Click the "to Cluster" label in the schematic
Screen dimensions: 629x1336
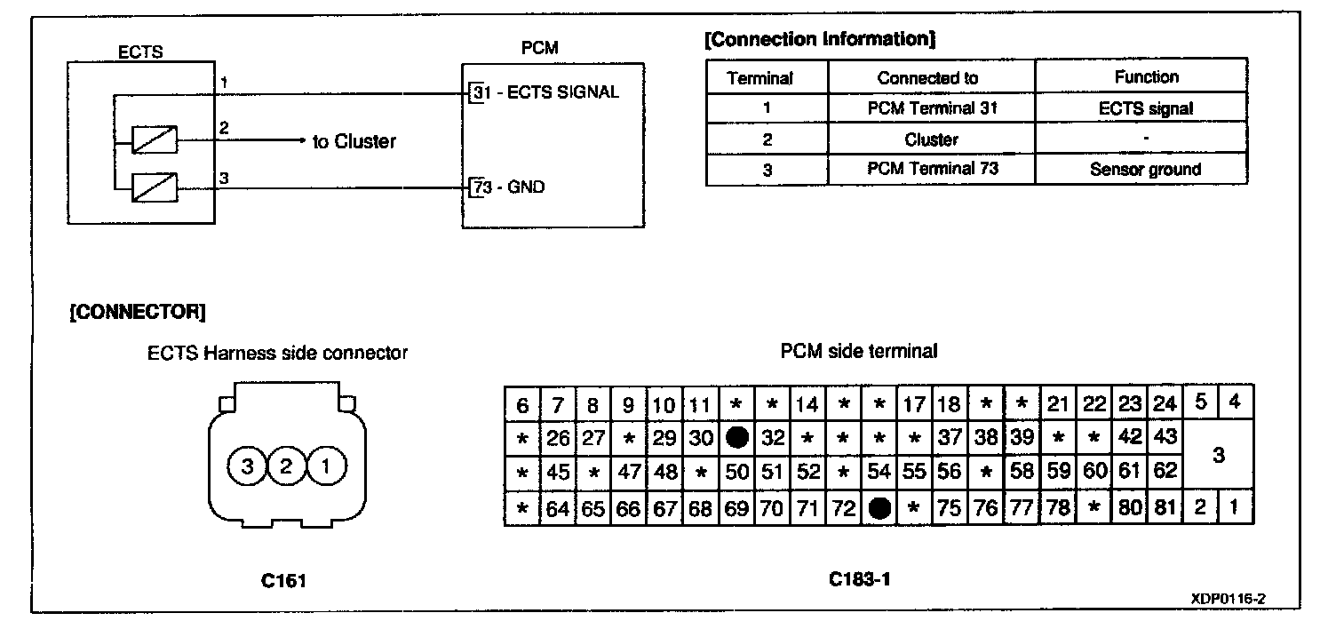click(x=354, y=141)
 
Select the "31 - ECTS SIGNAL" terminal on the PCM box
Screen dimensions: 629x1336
click(x=543, y=92)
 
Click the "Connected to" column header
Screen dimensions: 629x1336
click(x=927, y=77)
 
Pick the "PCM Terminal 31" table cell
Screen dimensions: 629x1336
click(x=930, y=108)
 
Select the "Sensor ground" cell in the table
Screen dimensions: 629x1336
click(x=1146, y=170)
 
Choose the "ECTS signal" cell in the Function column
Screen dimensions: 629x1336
click(x=1146, y=108)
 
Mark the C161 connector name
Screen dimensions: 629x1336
click(x=285, y=581)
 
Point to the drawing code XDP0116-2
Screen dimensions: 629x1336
click(x=1228, y=600)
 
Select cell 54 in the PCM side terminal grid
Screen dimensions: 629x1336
click(x=879, y=473)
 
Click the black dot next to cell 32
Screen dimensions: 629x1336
click(x=736, y=438)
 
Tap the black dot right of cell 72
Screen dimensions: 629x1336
click(x=879, y=507)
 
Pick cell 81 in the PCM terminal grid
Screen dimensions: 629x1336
click(x=1165, y=508)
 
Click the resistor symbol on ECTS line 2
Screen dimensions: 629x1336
click(x=154, y=140)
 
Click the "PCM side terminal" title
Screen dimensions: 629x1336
click(x=858, y=352)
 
